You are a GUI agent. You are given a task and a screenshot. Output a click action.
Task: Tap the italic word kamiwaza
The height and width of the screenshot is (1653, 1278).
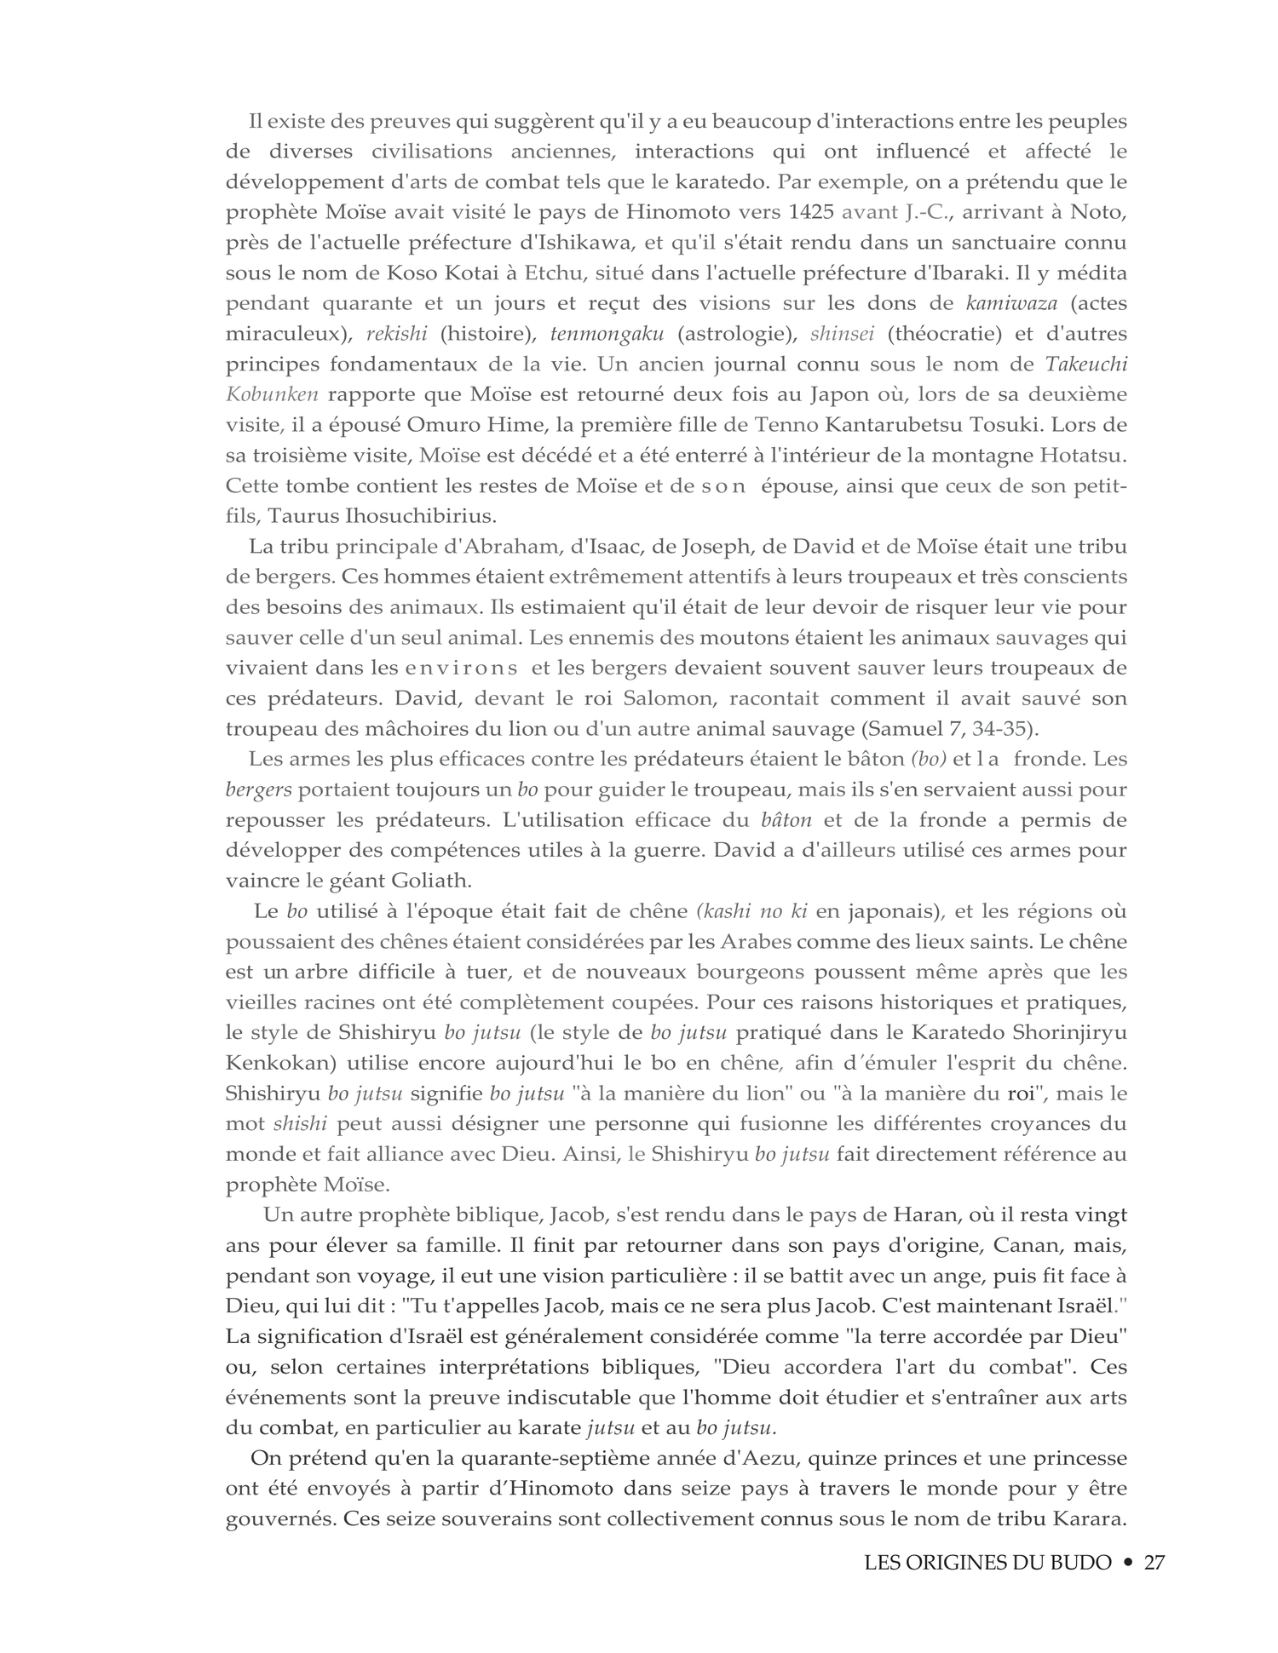[1011, 303]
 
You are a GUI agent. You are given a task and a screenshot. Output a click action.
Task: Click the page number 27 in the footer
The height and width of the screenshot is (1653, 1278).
[1154, 1564]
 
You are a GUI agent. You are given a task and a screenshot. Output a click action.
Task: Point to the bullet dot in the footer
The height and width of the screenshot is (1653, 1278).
[1128, 1564]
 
